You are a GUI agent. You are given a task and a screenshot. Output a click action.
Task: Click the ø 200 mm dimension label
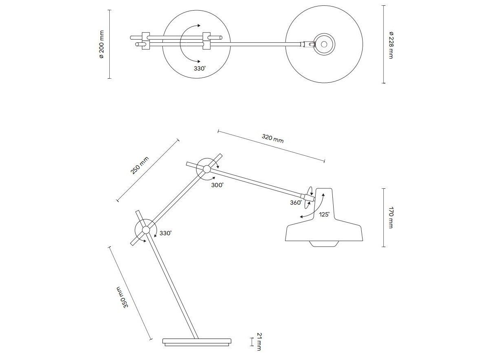(102, 44)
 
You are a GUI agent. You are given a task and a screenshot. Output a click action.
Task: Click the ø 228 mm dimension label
(390, 44)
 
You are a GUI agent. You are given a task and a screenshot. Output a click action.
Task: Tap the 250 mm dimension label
(140, 165)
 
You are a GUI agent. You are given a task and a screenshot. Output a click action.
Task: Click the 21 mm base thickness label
(258, 341)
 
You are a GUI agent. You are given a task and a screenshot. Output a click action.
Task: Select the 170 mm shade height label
(390, 217)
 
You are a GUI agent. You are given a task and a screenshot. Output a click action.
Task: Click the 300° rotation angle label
(217, 185)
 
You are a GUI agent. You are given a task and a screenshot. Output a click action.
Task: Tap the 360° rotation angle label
(296, 203)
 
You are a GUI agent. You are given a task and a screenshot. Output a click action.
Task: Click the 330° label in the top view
(200, 68)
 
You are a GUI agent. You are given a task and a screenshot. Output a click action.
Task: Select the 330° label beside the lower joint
(165, 233)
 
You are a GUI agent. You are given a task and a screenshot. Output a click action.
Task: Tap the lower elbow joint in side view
(146, 230)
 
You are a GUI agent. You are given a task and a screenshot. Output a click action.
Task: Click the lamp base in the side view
(197, 342)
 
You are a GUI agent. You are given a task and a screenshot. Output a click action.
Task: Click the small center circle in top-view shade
(325, 43)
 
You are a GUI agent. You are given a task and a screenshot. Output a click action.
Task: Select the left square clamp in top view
(146, 41)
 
